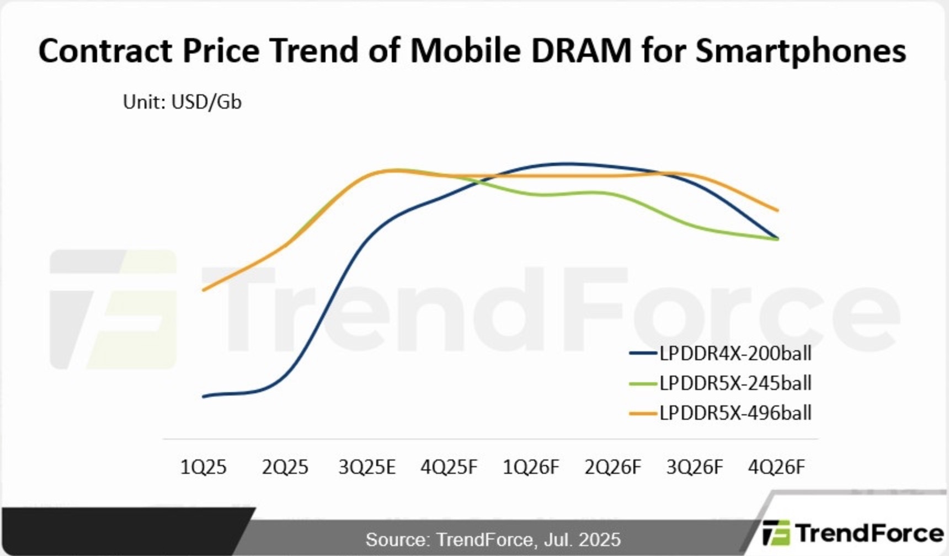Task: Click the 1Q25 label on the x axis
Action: point(203,467)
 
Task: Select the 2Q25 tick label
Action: point(285,467)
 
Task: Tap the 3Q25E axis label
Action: point(367,467)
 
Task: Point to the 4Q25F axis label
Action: point(449,467)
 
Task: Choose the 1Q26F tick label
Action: point(531,467)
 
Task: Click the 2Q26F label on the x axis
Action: point(612,467)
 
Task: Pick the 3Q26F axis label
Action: point(695,467)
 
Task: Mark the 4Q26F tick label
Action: point(776,467)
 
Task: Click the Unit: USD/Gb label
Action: point(182,102)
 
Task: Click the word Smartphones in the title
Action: point(800,50)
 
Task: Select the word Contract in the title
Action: point(105,50)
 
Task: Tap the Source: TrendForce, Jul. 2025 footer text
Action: point(493,539)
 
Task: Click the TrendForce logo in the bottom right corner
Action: point(852,533)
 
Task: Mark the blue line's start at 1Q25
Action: point(204,396)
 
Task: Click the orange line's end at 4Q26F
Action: point(777,210)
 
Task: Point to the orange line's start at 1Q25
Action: point(204,290)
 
